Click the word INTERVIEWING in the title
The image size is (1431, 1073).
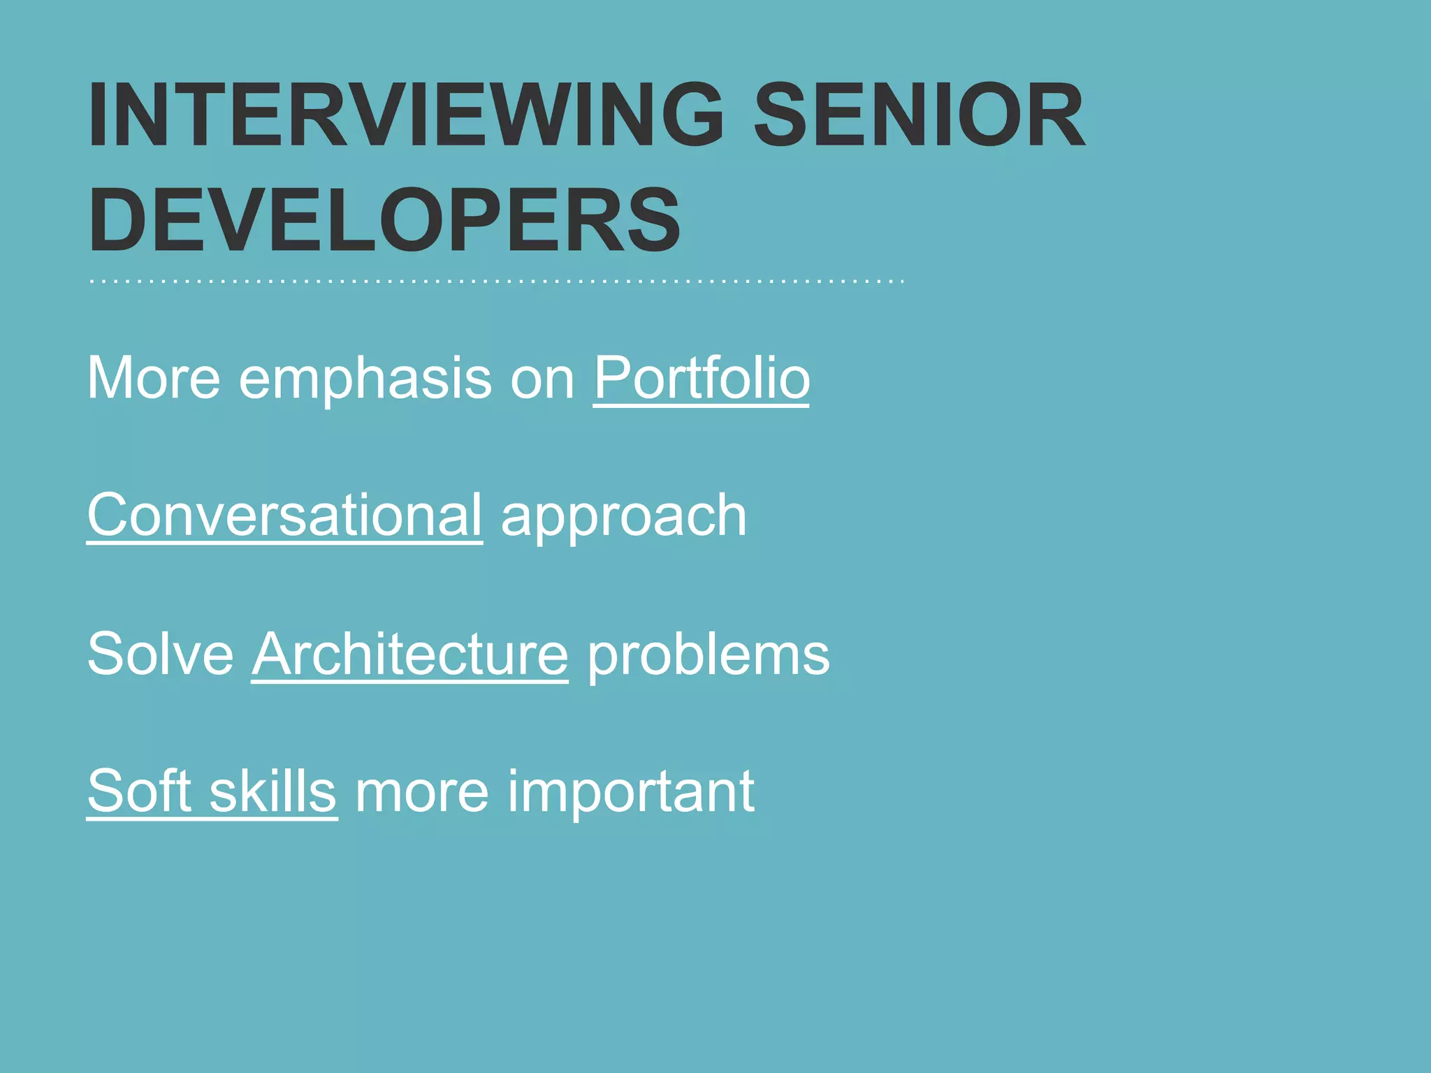pyautogui.click(x=405, y=115)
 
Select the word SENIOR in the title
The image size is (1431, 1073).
pyautogui.click(x=919, y=115)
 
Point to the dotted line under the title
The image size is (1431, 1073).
pyautogui.click(x=496, y=282)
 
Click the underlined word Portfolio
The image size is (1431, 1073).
pyautogui.click(x=702, y=378)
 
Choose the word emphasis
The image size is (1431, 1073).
pyautogui.click(x=365, y=378)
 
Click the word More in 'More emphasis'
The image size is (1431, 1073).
pyautogui.click(x=154, y=378)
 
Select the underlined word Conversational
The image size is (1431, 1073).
pyautogui.click(x=284, y=516)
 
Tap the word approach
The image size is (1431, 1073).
pyautogui.click(x=624, y=516)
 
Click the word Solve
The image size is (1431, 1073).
pyautogui.click(x=160, y=654)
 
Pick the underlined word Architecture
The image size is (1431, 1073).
pyautogui.click(x=410, y=654)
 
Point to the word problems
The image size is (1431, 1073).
pyautogui.click(x=709, y=654)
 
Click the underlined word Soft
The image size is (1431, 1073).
pyautogui.click(x=139, y=791)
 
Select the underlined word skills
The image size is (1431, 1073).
pyautogui.click(x=273, y=791)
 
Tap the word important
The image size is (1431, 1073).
pyautogui.click(x=631, y=791)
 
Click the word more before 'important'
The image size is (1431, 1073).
pyautogui.click(x=422, y=791)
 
